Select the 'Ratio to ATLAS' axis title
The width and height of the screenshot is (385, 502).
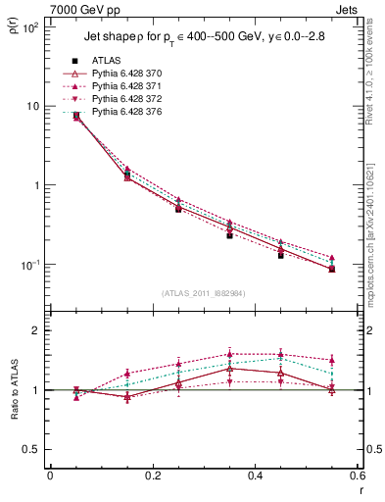coord(13,390)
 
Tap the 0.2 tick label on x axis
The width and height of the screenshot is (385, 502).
coord(152,476)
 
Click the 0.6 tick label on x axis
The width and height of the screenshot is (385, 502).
coord(357,476)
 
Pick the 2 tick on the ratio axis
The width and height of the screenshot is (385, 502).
coord(36,330)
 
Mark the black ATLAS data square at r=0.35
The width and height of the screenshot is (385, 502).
coord(229,235)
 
